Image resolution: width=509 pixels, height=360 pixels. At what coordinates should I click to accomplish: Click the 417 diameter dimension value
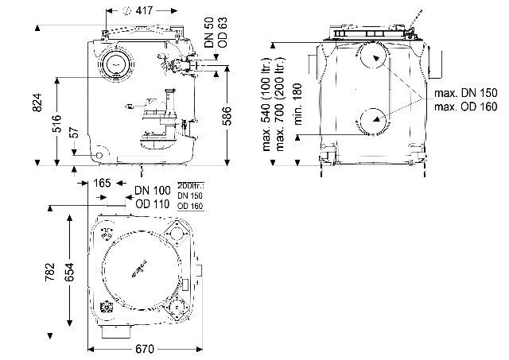coord(144,10)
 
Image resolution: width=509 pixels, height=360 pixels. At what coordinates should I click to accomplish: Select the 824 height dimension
coord(37,103)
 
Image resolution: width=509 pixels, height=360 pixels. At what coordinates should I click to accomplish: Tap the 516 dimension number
coord(56,123)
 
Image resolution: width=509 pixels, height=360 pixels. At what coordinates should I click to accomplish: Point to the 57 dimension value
coord(74,133)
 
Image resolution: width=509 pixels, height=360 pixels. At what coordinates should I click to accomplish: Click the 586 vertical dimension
coord(227,116)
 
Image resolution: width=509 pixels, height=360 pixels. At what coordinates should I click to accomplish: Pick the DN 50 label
coord(210,33)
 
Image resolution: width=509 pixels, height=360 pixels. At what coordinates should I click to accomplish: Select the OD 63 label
coord(223,33)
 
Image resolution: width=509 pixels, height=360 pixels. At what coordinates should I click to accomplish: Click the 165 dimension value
coord(102,184)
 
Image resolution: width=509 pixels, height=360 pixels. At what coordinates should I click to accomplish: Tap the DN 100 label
coord(153,191)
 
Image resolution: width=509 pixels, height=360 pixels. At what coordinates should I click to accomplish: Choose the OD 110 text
coord(153,204)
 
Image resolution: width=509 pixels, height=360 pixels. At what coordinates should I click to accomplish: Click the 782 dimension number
coord(50,272)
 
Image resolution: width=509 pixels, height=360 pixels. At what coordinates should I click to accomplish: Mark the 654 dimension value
coord(69,272)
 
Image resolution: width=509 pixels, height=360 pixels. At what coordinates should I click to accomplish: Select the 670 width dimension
coord(145,349)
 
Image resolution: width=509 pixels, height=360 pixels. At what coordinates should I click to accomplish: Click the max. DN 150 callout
coord(466,93)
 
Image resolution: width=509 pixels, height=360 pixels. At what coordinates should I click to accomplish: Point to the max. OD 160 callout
coord(466,106)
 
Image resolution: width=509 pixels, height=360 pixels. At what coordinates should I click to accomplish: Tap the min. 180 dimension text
coord(297,104)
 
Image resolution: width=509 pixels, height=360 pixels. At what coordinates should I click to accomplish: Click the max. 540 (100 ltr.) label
coord(266,104)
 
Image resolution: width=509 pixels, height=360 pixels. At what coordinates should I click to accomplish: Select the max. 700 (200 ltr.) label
coord(279,104)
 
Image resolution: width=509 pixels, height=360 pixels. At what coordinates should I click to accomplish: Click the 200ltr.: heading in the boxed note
coord(191,186)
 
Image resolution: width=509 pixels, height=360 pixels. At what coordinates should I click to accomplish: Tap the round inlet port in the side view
coord(116,64)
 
